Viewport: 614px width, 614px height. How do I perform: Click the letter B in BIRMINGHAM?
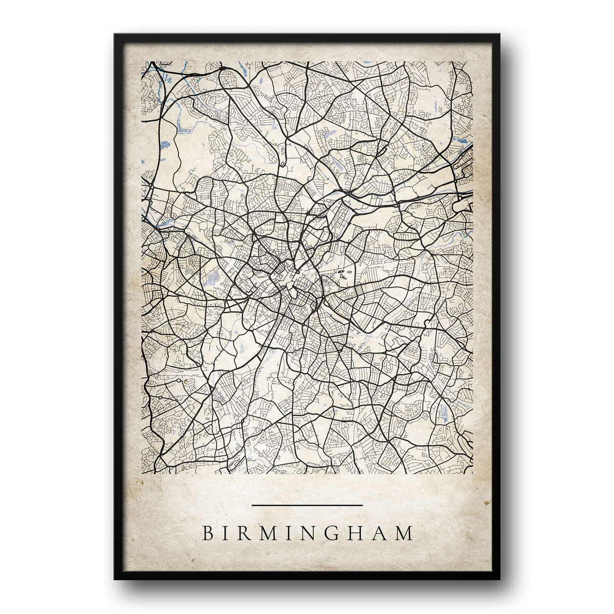(x=208, y=533)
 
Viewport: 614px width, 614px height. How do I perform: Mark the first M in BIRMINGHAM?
(x=267, y=533)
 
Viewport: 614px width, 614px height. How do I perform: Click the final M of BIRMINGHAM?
(x=404, y=533)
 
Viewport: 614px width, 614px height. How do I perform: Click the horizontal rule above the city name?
(x=307, y=505)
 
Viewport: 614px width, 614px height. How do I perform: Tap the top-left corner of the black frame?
(x=116, y=35)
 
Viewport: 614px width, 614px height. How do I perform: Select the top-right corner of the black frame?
(x=498, y=35)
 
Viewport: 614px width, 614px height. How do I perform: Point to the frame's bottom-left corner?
(x=116, y=578)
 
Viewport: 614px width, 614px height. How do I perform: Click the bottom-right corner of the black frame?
(x=498, y=578)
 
